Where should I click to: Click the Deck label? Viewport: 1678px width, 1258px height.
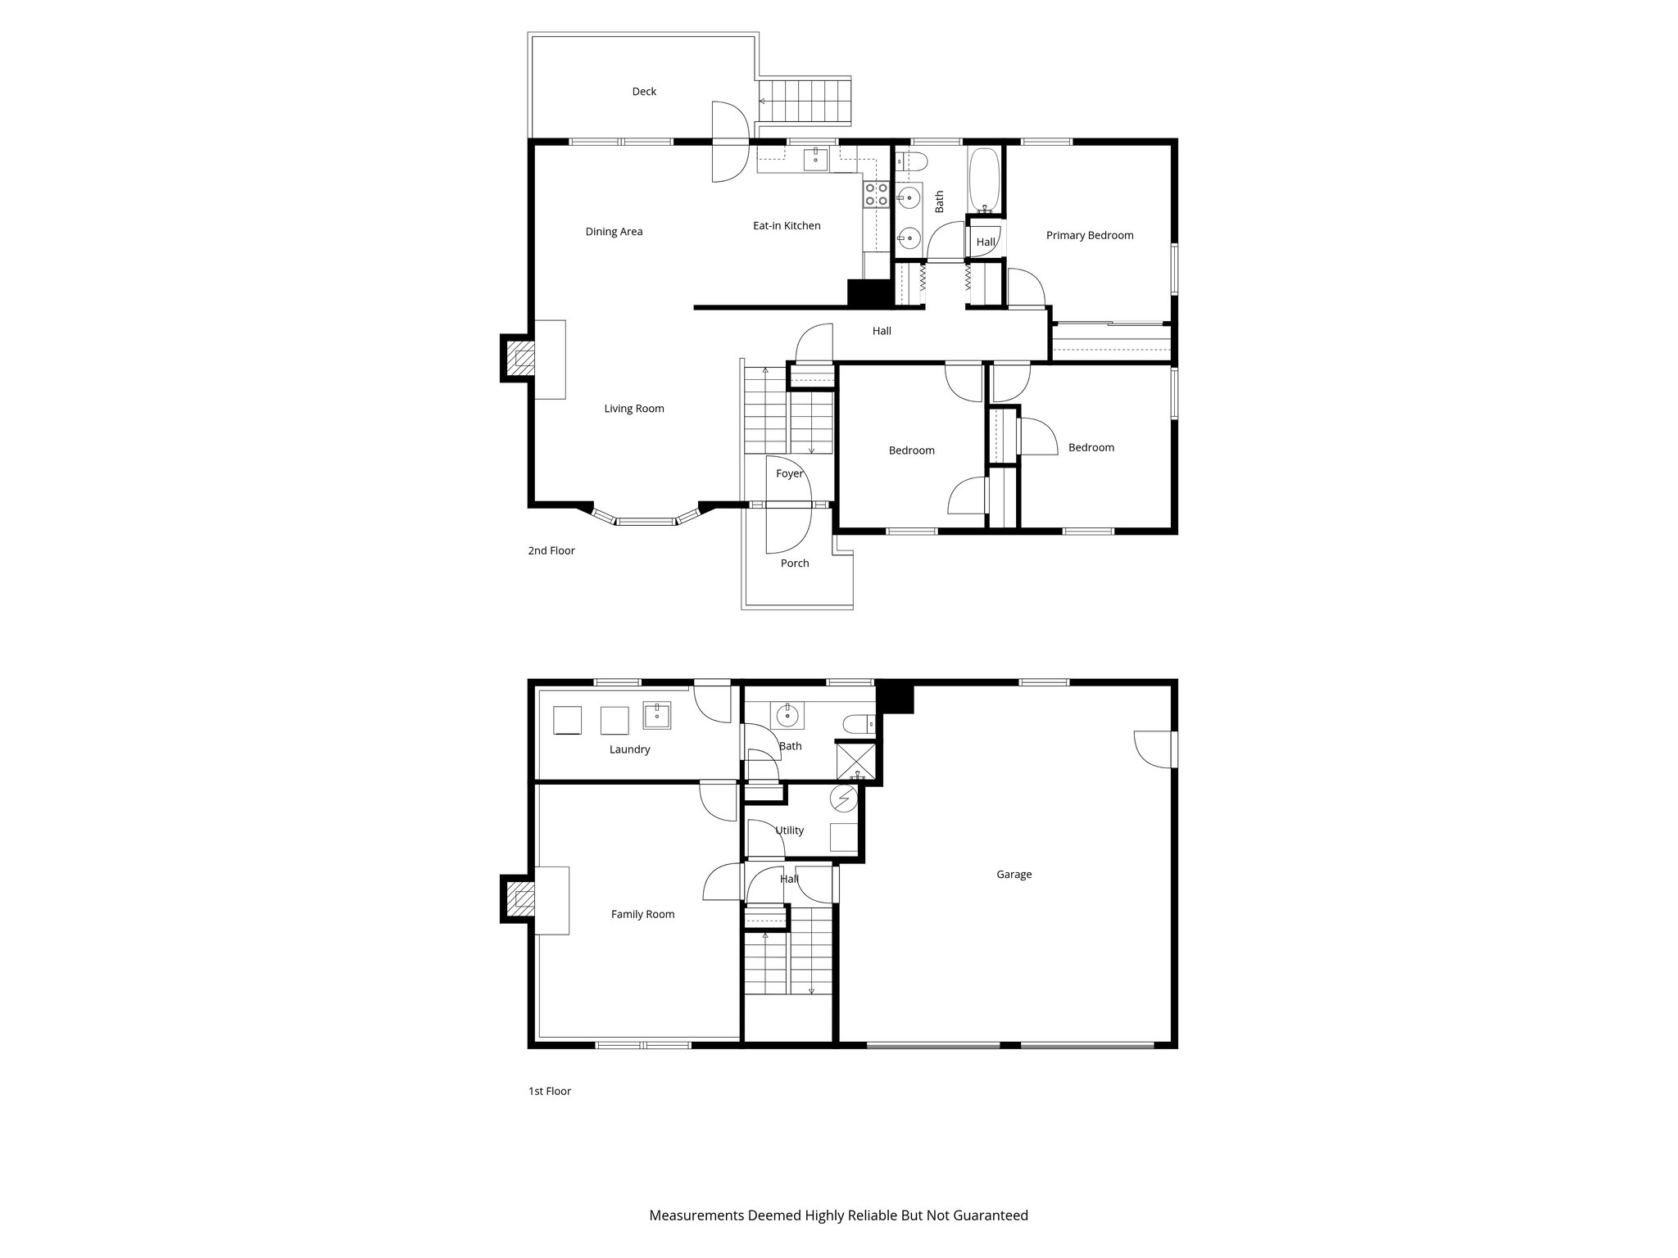coord(644,92)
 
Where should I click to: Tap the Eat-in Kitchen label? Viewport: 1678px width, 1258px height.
coord(787,226)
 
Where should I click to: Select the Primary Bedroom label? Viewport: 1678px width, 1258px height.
coord(1089,236)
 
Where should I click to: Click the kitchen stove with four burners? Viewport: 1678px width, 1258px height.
coord(877,194)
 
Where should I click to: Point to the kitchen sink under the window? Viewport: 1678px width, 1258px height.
coord(815,160)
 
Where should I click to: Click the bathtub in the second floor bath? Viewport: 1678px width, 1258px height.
coord(984,179)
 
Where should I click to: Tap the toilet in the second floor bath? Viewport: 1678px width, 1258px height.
coord(910,160)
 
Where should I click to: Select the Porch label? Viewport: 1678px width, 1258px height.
coord(794,563)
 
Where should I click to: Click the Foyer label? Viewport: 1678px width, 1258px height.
coord(789,474)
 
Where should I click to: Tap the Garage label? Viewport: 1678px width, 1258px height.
coord(1014,875)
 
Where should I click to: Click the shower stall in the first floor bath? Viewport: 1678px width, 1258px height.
coord(855,760)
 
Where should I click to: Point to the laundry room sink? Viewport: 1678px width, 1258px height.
coord(657,716)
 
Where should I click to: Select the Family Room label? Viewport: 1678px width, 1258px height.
coord(642,915)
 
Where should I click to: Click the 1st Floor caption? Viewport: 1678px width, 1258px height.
coord(549,1091)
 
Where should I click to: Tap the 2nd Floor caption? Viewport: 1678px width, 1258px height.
coord(551,551)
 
